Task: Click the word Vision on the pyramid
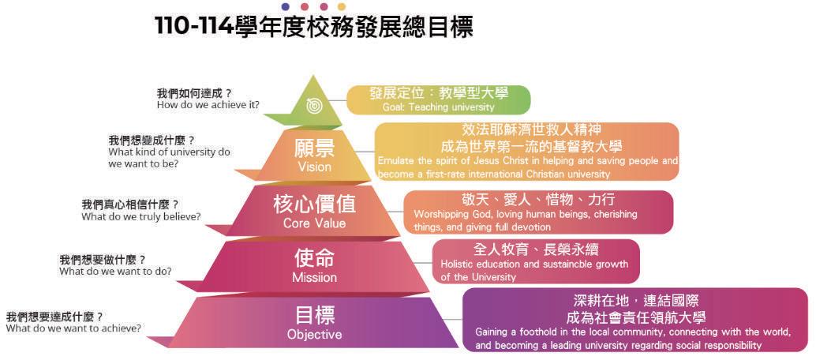pyautogui.click(x=314, y=167)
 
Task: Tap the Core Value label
pyautogui.click(x=314, y=223)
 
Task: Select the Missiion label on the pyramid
pyautogui.click(x=314, y=278)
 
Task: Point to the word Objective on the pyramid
pyautogui.click(x=314, y=335)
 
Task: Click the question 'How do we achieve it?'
pyautogui.click(x=208, y=105)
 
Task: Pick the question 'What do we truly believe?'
pyautogui.click(x=140, y=216)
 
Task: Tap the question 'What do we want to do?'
pyautogui.click(x=115, y=272)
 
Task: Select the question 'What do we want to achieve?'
pyautogui.click(x=73, y=328)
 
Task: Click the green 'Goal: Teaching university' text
pyautogui.click(x=438, y=107)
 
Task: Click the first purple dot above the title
pyautogui.click(x=285, y=7)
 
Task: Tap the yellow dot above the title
pyautogui.click(x=342, y=7)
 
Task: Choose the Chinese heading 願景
pyautogui.click(x=314, y=148)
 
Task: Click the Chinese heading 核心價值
pyautogui.click(x=314, y=204)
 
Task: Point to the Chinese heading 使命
pyautogui.click(x=314, y=258)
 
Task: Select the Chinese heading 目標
pyautogui.click(x=314, y=315)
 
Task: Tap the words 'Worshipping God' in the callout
pyautogui.click(x=447, y=214)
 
